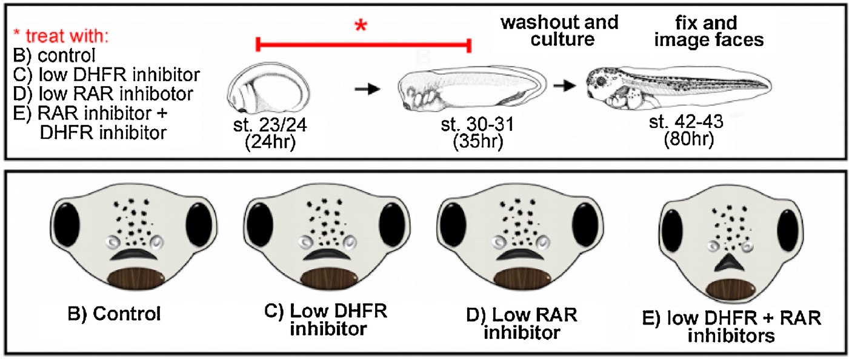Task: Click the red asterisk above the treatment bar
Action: pyautogui.click(x=362, y=25)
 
